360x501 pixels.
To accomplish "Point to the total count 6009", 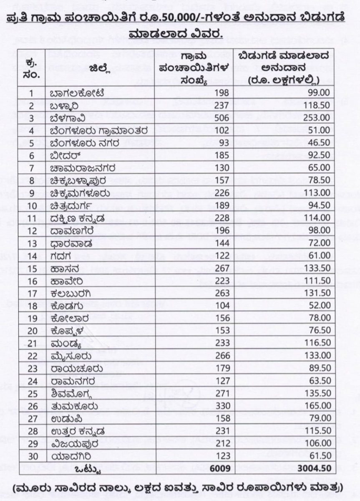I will pyautogui.click(x=221, y=468).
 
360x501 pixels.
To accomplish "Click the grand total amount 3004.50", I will pyautogui.click(x=315, y=468).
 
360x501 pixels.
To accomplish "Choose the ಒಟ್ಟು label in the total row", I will pyautogui.click(x=89, y=468).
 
